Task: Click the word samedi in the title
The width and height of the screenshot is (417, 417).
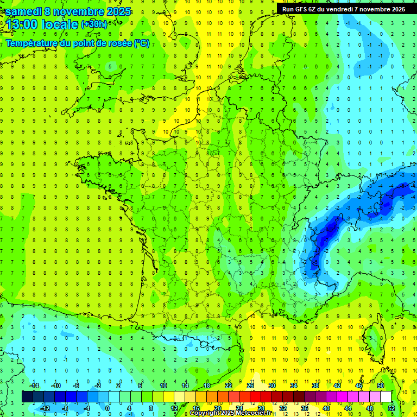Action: click(24, 11)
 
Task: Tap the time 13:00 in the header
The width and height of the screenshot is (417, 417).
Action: click(24, 24)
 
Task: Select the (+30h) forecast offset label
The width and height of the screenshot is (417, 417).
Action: click(94, 24)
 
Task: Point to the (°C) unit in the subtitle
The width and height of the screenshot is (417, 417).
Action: click(142, 43)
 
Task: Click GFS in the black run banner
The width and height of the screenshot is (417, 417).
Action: click(302, 9)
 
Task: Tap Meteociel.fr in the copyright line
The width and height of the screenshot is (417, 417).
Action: click(255, 413)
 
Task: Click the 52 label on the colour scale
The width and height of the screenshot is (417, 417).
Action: click(391, 408)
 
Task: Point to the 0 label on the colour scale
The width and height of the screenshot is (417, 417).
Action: click(108, 408)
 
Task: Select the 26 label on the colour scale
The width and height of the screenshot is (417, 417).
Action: click(250, 386)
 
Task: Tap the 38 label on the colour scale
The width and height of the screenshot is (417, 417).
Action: click(315, 386)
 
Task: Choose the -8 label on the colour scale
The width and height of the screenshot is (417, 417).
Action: click(65, 408)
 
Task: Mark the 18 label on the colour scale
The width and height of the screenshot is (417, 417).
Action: click(207, 386)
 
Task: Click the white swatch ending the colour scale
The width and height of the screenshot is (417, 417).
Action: click(386, 397)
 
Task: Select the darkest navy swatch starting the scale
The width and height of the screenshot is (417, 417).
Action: click(27, 397)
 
